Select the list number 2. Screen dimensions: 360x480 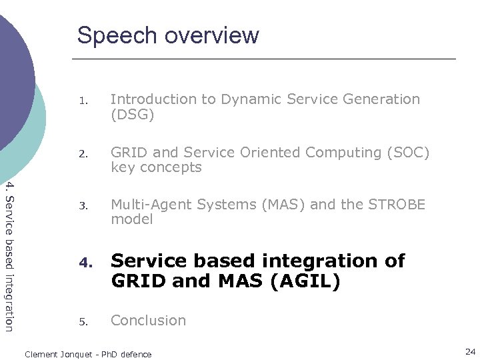click(82, 155)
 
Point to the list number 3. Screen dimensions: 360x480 click(82, 207)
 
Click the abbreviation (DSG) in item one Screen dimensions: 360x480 click(132, 115)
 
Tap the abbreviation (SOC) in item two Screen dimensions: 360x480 click(407, 153)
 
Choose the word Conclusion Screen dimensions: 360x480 click(148, 320)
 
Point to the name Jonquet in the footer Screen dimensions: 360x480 click(75, 354)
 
